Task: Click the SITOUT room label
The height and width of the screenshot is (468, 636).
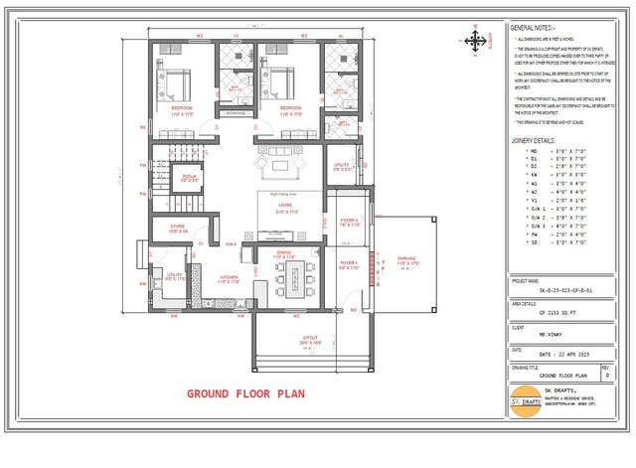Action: pos(310,337)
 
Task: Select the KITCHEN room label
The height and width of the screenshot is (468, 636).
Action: pos(229,276)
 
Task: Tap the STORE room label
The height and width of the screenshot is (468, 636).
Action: pos(178,228)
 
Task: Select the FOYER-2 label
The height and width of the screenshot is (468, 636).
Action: pos(349,222)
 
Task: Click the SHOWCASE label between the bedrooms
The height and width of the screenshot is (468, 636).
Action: pos(236,114)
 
